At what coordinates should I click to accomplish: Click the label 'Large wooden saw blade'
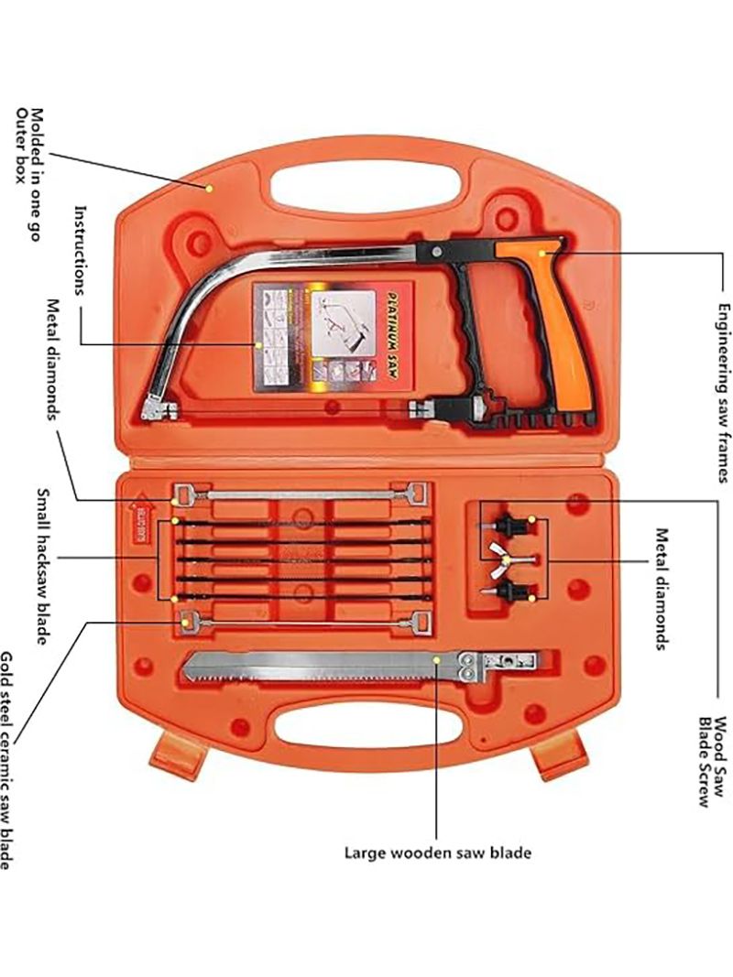(x=437, y=852)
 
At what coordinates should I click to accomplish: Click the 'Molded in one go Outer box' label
(x=26, y=146)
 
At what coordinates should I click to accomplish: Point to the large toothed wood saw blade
(x=312, y=666)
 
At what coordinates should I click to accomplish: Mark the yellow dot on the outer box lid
(x=210, y=188)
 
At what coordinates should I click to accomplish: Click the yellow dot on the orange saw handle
(x=541, y=252)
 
